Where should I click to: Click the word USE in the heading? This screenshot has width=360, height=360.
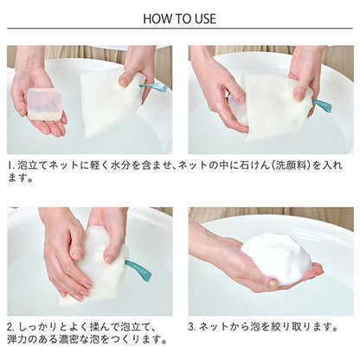coord(204,19)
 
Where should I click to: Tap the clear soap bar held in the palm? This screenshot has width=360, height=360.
coord(44,104)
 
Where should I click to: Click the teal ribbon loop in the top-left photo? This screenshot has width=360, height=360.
coord(154,87)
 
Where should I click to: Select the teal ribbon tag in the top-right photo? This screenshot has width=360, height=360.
coord(322,105)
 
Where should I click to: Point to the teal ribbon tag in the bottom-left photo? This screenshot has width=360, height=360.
coord(138,270)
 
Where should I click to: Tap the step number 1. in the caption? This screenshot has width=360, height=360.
coord(11,165)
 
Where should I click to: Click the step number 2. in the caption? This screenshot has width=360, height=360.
coord(11,327)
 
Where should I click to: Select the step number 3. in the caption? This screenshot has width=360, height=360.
coord(192,327)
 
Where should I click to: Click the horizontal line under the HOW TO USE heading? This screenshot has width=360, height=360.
coord(180,29)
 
